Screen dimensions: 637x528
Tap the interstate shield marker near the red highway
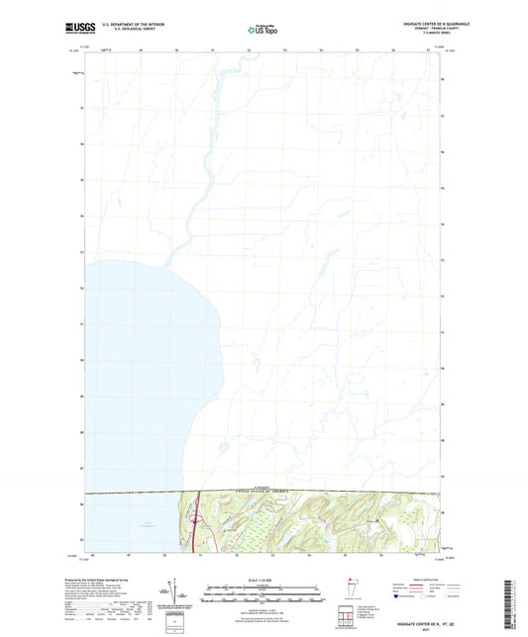196,518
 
